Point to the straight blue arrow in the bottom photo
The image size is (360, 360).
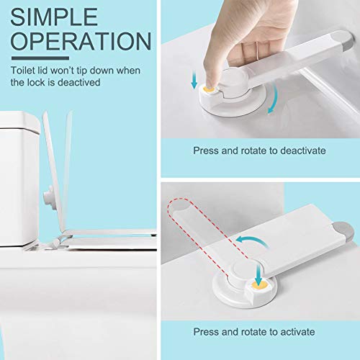[258, 271]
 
